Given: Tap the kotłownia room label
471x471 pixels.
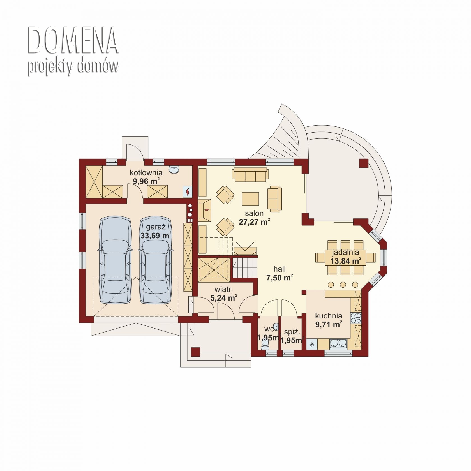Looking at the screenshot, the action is pos(146,172).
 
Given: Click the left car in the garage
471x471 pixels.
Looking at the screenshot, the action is pos(115,260).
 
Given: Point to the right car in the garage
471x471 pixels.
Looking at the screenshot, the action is pos(156,260).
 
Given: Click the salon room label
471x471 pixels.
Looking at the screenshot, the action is pos(254,213).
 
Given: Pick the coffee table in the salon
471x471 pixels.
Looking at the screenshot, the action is pos(250,198).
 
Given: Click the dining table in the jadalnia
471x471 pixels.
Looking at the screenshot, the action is pos(345,257).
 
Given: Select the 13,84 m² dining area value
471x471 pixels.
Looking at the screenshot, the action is pos(346,261).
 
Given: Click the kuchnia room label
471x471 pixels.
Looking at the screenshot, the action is pos(329,316).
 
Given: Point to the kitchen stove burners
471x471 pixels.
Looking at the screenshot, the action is pos(356,318).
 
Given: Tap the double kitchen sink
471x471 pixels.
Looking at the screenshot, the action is pos(338,343).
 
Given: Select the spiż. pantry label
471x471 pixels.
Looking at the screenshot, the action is pos(292,332).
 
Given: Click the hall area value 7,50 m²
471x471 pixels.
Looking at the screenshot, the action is pos(280,278).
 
